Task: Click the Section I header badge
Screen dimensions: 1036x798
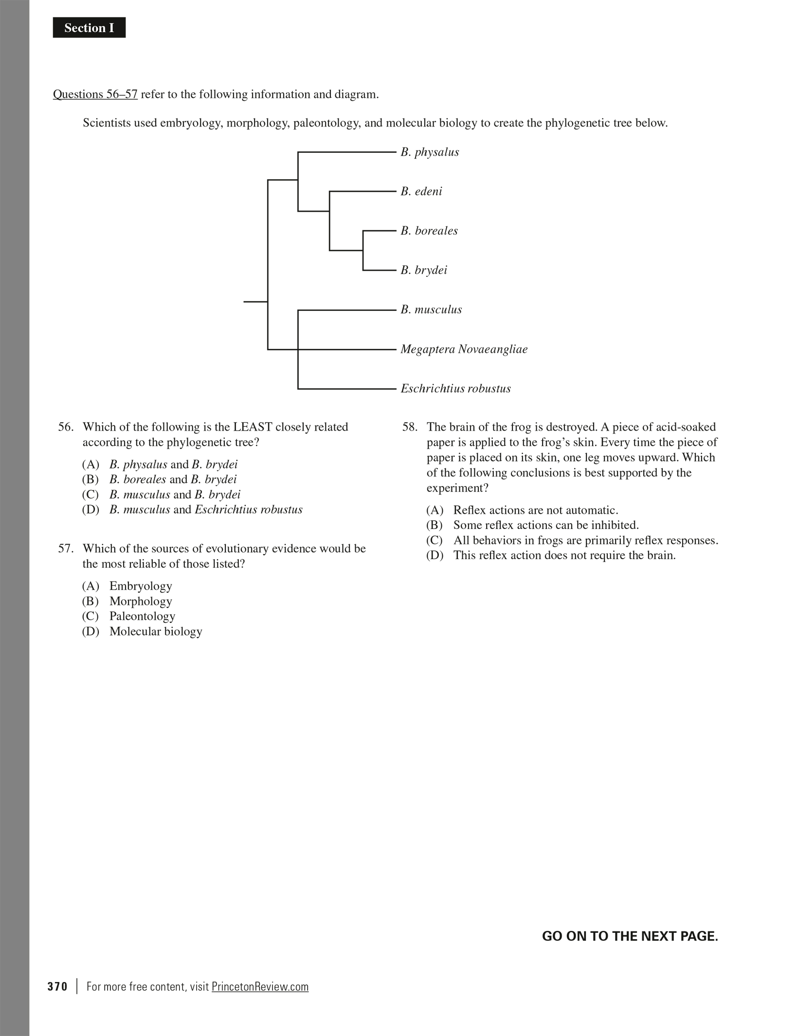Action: click(x=89, y=28)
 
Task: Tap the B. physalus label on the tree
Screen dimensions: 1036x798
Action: click(x=430, y=152)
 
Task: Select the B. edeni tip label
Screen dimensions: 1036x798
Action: click(x=421, y=192)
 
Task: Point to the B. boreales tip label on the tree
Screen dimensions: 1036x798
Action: click(x=429, y=231)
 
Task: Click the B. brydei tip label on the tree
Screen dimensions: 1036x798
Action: click(x=424, y=271)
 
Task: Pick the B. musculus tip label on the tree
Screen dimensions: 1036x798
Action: click(x=431, y=310)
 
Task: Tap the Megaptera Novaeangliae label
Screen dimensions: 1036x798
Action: click(x=464, y=349)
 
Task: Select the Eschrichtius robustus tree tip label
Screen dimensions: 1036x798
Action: click(x=455, y=389)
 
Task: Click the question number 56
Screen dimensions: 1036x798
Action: click(x=66, y=427)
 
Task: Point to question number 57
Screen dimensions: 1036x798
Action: click(x=66, y=549)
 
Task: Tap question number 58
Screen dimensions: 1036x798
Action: click(x=410, y=427)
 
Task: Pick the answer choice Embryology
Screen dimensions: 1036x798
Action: click(x=140, y=586)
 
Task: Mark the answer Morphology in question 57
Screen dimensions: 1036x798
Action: click(x=140, y=601)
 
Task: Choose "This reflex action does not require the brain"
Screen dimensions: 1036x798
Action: click(x=564, y=556)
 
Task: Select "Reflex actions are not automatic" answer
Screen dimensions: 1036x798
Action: click(x=535, y=510)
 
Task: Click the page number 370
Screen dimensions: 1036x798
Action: click(x=57, y=987)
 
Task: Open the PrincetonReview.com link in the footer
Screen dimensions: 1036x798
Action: click(x=260, y=987)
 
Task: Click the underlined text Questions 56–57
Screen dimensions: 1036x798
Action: click(x=95, y=94)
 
